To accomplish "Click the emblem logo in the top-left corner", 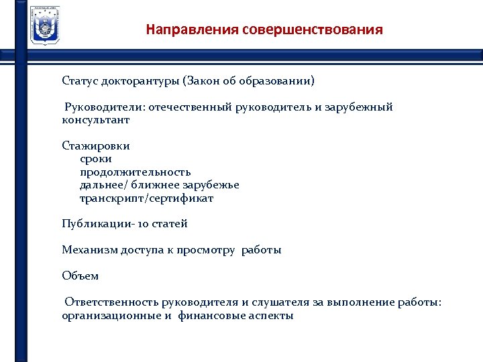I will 45,25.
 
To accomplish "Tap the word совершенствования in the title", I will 313,30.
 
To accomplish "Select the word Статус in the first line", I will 79,81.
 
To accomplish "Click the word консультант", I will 96,120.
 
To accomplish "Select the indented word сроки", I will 96,159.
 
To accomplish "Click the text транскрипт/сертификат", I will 146,198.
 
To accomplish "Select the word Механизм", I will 90,250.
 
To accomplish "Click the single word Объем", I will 80,276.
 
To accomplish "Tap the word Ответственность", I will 113,302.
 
